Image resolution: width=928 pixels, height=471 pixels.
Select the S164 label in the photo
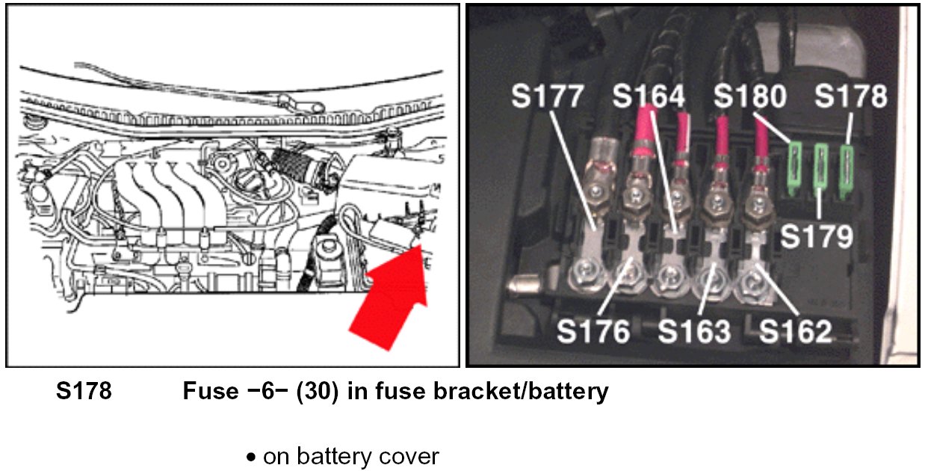[649, 96]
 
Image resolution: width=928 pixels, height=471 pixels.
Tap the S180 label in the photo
[749, 96]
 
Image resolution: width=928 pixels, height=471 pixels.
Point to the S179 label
[817, 236]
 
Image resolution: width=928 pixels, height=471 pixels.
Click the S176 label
[594, 332]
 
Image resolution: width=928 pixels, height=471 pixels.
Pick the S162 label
[794, 332]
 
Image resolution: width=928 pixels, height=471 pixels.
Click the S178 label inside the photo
[851, 96]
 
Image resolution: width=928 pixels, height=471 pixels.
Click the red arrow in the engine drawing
[389, 299]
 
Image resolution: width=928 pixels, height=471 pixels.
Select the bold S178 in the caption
[84, 391]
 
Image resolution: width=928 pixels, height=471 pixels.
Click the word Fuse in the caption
[211, 391]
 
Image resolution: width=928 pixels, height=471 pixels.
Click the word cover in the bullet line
[410, 456]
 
